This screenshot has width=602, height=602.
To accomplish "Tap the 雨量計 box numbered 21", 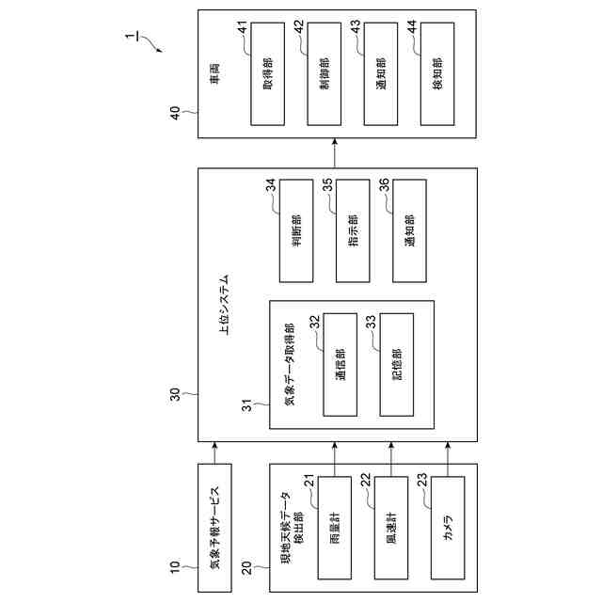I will coord(334,528).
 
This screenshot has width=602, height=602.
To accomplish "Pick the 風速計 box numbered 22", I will coord(390,528).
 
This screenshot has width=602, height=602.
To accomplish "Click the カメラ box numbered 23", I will coord(447,528).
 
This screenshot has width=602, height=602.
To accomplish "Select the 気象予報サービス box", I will coord(214,528).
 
